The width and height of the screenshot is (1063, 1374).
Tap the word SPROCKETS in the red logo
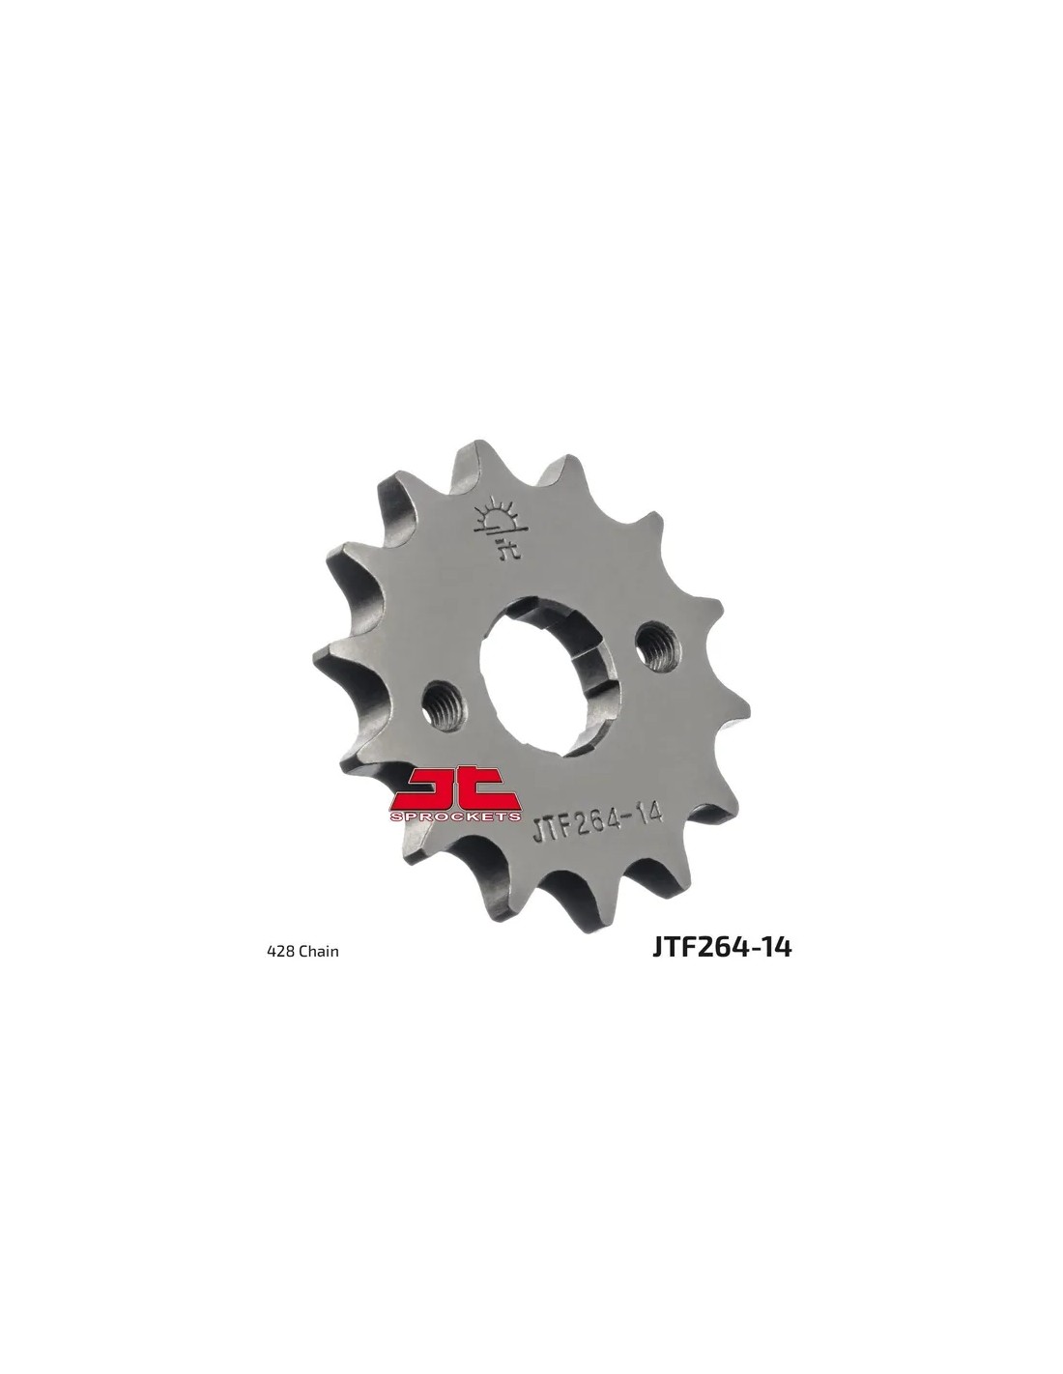[x=456, y=816]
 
